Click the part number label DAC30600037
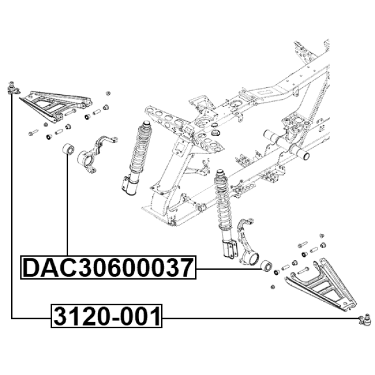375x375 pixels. pyautogui.click(x=108, y=267)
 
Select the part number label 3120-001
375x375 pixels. pyautogui.click(x=107, y=316)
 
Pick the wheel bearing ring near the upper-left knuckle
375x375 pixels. pyautogui.click(x=69, y=149)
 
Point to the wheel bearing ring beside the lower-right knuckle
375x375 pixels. pyautogui.click(x=265, y=265)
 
